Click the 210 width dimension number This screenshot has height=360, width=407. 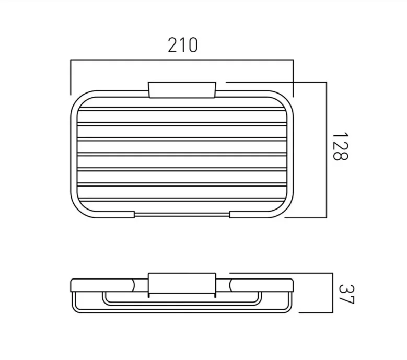tap(182, 45)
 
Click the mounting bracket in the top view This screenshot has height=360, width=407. tap(182, 89)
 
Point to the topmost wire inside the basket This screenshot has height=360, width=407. tap(182, 109)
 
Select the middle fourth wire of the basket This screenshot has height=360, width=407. tap(182, 154)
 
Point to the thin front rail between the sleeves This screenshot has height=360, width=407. tap(182, 214)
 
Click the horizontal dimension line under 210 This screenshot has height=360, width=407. tap(182, 61)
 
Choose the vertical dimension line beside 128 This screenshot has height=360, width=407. tap(326, 149)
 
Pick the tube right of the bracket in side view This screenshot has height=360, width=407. tap(261, 285)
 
